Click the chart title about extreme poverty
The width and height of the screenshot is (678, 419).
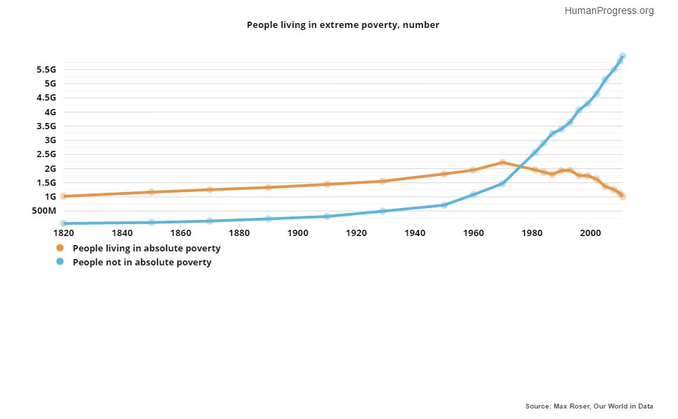tap(342, 24)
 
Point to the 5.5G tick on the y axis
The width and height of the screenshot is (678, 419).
tap(45, 69)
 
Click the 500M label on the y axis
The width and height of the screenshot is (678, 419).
tap(43, 211)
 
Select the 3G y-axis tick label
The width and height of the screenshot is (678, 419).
tap(49, 140)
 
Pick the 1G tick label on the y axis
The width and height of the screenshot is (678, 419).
tap(49, 196)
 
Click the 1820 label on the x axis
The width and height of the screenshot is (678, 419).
tap(64, 232)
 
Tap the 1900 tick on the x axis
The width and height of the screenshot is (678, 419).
tap(298, 232)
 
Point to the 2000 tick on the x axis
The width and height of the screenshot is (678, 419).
tap(591, 232)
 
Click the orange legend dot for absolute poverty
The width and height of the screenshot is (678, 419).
tap(60, 248)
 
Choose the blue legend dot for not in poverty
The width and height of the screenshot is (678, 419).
tap(60, 263)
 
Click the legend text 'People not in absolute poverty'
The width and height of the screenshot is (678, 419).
tap(142, 263)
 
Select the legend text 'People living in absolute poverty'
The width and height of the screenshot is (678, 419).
tap(147, 248)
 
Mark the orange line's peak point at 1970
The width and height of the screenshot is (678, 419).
tap(503, 162)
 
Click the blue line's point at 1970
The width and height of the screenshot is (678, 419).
tap(503, 183)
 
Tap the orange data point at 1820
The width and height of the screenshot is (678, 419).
tap(64, 196)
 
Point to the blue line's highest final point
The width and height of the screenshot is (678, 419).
tap(622, 56)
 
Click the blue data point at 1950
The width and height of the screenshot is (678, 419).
tap(444, 205)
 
